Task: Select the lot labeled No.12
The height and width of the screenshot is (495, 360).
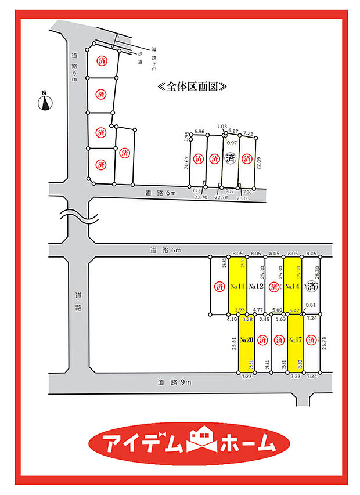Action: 257,286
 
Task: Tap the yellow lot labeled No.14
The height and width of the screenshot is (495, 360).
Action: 293,286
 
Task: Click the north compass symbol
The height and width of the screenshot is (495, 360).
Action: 44,102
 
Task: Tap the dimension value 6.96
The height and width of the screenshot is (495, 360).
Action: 200,132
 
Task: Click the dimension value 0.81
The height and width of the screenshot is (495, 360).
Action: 311,305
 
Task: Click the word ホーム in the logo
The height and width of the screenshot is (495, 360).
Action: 247,443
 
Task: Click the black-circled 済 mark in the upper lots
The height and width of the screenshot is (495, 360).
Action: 231,158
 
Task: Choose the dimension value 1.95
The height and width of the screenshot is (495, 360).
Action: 186,137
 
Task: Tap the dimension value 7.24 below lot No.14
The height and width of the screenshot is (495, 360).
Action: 311,318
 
